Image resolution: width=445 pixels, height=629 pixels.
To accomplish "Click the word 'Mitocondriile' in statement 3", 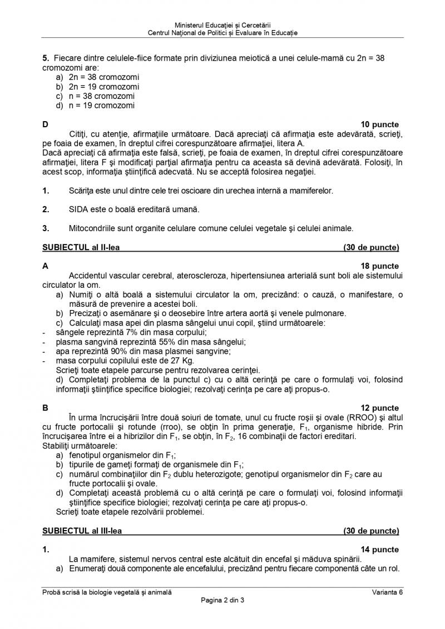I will pos(91,228).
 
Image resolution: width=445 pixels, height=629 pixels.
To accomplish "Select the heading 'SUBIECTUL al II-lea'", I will pos(82,247).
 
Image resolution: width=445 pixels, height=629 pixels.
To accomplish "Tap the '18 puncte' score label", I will pos(379,266).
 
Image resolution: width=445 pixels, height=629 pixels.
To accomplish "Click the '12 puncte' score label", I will pos(379,408).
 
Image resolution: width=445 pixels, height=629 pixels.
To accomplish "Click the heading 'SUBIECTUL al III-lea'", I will pos(83,531).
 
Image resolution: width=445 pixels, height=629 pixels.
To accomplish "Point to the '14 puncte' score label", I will pos(379,550).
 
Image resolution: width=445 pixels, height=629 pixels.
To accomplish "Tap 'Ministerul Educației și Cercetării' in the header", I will pos(222,25).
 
